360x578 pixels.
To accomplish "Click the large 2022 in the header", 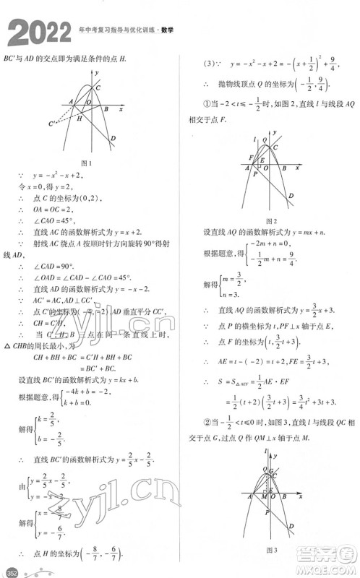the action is click(x=36, y=32).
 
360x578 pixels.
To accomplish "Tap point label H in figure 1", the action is click(x=80, y=117).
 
